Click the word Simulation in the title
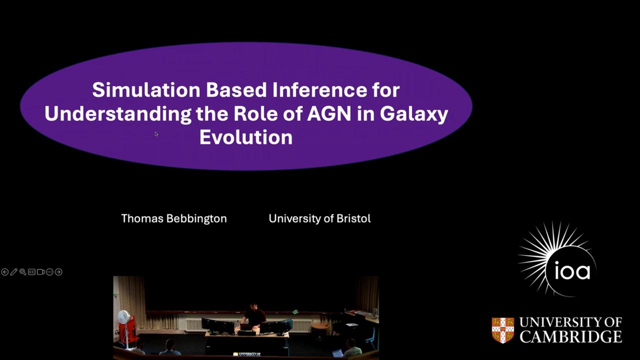(x=146, y=90)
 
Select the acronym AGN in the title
(x=329, y=113)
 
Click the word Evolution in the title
(x=246, y=137)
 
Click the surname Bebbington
(x=196, y=219)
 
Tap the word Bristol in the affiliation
(x=353, y=218)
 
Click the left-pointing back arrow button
(x=5, y=272)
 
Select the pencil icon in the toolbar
(x=13, y=272)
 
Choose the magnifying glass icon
(x=23, y=272)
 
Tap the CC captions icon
(x=31, y=272)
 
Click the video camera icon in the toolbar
(x=40, y=272)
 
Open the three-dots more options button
(x=49, y=272)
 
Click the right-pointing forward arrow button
(x=58, y=272)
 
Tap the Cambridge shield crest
(x=503, y=330)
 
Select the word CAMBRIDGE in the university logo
(x=570, y=336)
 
